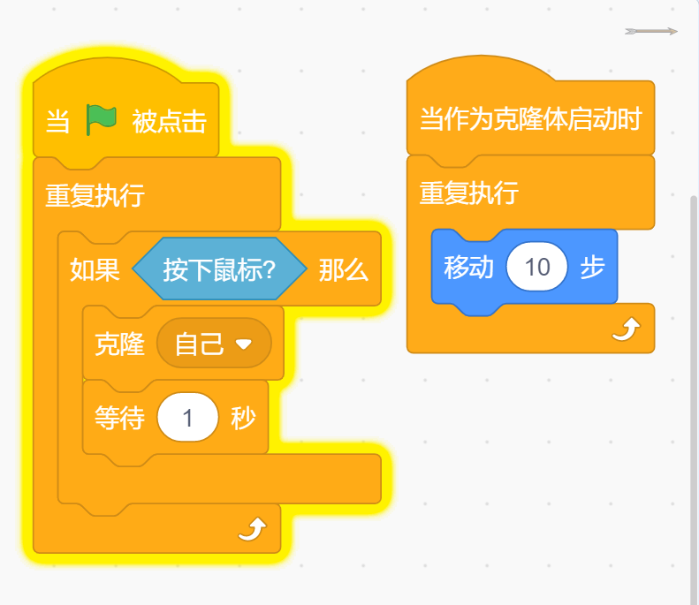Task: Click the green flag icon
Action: [102, 120]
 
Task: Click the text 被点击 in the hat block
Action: [169, 121]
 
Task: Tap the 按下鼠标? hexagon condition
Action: [219, 269]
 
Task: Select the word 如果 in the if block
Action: [95, 269]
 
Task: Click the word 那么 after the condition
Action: [343, 269]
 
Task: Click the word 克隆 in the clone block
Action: [119, 344]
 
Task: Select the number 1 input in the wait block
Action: [187, 418]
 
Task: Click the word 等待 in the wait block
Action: [119, 418]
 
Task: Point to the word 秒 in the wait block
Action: [243, 418]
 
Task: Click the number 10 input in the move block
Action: [536, 268]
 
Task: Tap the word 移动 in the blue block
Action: [468, 268]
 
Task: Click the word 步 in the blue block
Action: [592, 268]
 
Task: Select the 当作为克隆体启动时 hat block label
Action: [529, 118]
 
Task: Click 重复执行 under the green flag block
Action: [95, 195]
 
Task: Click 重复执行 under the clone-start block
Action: [468, 193]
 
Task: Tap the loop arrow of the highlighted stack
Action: [253, 530]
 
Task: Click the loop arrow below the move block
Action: [626, 330]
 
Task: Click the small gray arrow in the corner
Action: [650, 31]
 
